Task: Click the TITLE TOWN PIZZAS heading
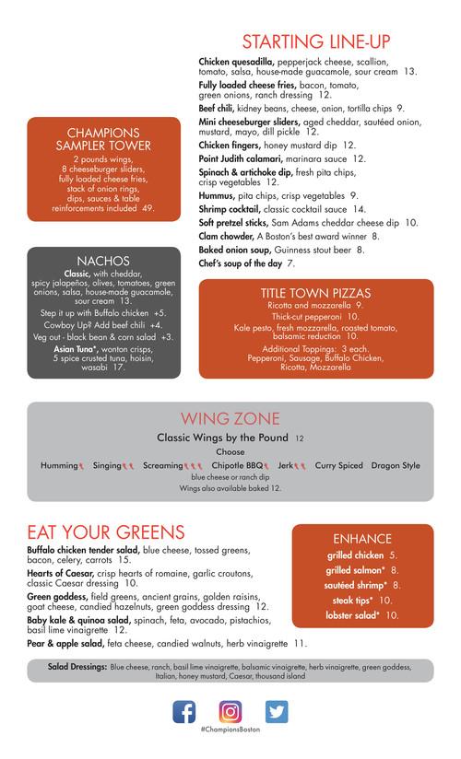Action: point(315,293)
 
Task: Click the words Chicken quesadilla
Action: point(237,61)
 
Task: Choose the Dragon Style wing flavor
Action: point(396,465)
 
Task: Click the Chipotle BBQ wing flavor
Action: point(241,465)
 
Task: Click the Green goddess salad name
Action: point(58,597)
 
